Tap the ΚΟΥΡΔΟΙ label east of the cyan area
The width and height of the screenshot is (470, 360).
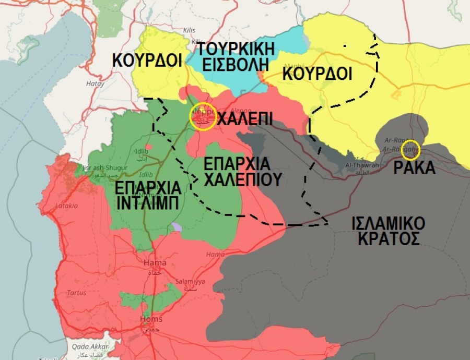(317, 73)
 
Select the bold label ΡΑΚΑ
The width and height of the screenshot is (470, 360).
(415, 169)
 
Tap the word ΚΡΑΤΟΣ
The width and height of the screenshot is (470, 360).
(388, 239)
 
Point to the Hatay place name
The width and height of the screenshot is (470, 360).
(96, 83)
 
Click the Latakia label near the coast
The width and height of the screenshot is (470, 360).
(66, 206)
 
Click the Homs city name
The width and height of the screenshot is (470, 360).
(151, 319)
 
